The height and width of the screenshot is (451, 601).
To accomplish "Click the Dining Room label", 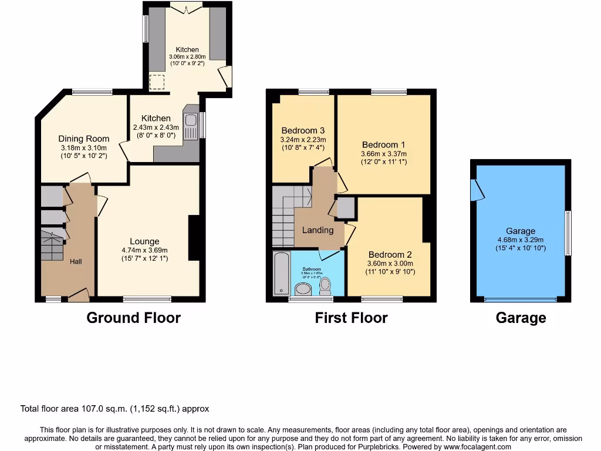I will point(83,139).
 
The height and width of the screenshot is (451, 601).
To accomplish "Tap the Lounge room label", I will point(144,241).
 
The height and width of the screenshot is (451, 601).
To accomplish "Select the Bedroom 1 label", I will point(383,144).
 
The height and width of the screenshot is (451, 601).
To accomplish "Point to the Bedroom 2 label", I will point(389,255).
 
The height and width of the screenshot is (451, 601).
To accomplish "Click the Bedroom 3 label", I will point(303,130).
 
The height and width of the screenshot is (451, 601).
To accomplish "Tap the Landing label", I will point(318,230).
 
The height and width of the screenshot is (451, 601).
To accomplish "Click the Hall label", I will point(76,261).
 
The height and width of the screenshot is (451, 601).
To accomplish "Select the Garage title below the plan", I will point(521,318).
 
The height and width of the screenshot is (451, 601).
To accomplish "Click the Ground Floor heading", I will point(133,318).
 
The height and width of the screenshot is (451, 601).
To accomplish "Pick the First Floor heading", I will point(351,318).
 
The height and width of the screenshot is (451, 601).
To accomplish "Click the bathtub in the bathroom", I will point(281,274).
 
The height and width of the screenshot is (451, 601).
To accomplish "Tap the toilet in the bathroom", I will point(325,286).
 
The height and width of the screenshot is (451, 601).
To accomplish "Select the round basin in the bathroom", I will point(303,288).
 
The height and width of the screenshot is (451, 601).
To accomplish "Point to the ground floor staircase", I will point(52,245).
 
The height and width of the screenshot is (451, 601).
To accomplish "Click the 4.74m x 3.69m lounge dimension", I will point(144,250).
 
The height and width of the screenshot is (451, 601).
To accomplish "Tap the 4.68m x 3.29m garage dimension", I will point(520,240).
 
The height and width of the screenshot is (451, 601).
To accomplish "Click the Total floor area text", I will point(114,409).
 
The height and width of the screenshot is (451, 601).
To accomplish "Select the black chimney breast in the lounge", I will point(194,238).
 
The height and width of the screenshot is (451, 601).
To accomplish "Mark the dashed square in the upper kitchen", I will point(157,82).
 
